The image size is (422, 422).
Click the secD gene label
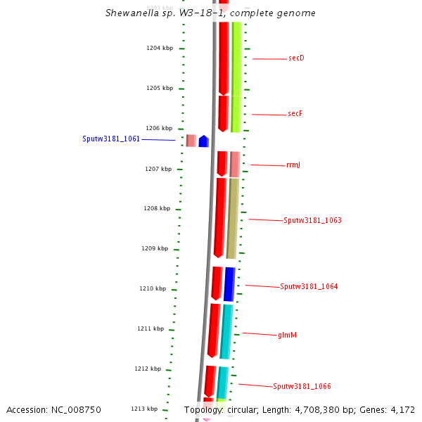tap(296, 58)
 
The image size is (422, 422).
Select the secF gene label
tap(295, 114)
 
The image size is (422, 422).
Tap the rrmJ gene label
tap(293, 165)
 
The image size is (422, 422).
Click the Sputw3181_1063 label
tap(312, 221)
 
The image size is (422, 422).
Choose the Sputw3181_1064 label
tap(309, 287)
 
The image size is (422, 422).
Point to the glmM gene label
tap(288, 335)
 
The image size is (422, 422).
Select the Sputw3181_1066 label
tap(302, 387)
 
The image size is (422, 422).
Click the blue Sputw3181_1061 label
tap(111, 139)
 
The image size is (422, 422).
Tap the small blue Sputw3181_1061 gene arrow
tap(203, 141)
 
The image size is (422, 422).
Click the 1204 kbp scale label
tap(159, 49)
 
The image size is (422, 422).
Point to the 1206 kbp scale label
tap(159, 129)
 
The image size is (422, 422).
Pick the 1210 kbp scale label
tap(153, 289)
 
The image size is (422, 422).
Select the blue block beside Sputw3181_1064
tap(229, 284)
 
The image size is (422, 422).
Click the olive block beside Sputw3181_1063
tap(232, 218)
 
